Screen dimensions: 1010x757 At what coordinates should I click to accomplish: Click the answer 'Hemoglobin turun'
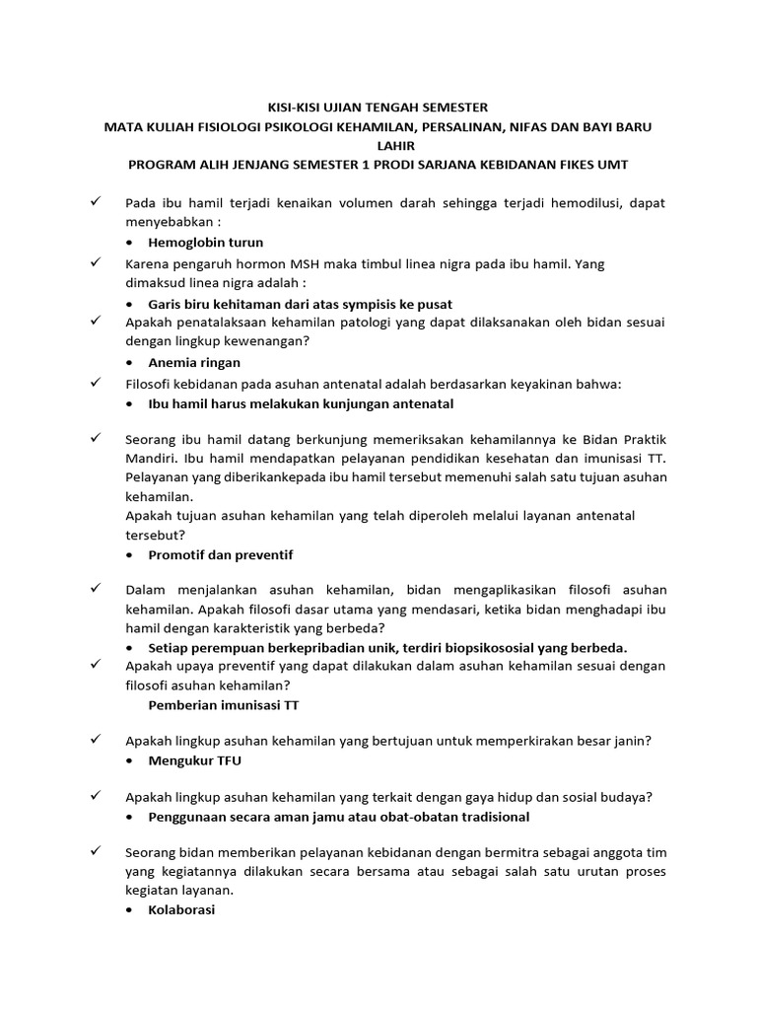[x=205, y=242]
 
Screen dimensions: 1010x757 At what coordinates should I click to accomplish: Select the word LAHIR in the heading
[x=378, y=145]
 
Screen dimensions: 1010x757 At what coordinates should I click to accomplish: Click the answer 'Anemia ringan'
[x=194, y=362]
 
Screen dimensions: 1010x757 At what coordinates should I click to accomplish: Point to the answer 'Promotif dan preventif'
[x=220, y=555]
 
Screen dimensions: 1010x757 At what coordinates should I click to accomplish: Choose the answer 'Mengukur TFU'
[x=194, y=760]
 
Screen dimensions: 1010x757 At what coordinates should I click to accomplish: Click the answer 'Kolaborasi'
[x=181, y=910]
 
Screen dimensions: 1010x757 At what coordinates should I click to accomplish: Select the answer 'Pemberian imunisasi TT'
[x=223, y=705]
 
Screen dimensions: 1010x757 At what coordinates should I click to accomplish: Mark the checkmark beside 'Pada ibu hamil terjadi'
[x=96, y=202]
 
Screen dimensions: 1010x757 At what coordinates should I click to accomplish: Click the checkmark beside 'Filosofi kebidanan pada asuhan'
[x=96, y=383]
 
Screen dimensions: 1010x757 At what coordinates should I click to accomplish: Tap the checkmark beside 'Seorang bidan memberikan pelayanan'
[x=96, y=850]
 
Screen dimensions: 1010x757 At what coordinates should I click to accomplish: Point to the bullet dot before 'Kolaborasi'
[x=133, y=911]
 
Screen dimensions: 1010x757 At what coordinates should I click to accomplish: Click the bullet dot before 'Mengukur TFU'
[x=133, y=761]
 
